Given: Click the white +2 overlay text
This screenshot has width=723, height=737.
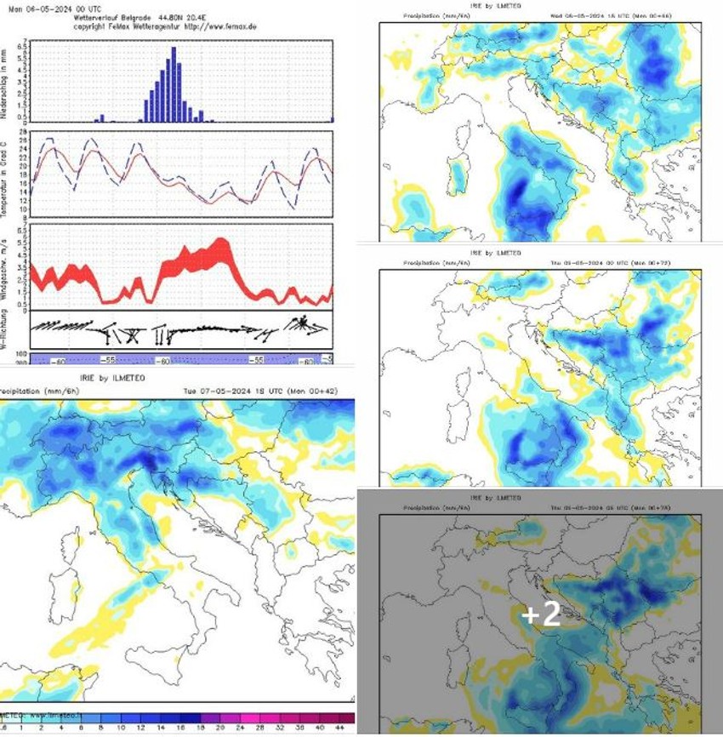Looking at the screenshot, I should point(541,614).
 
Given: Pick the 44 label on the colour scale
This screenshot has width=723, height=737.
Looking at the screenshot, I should point(339,728).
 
